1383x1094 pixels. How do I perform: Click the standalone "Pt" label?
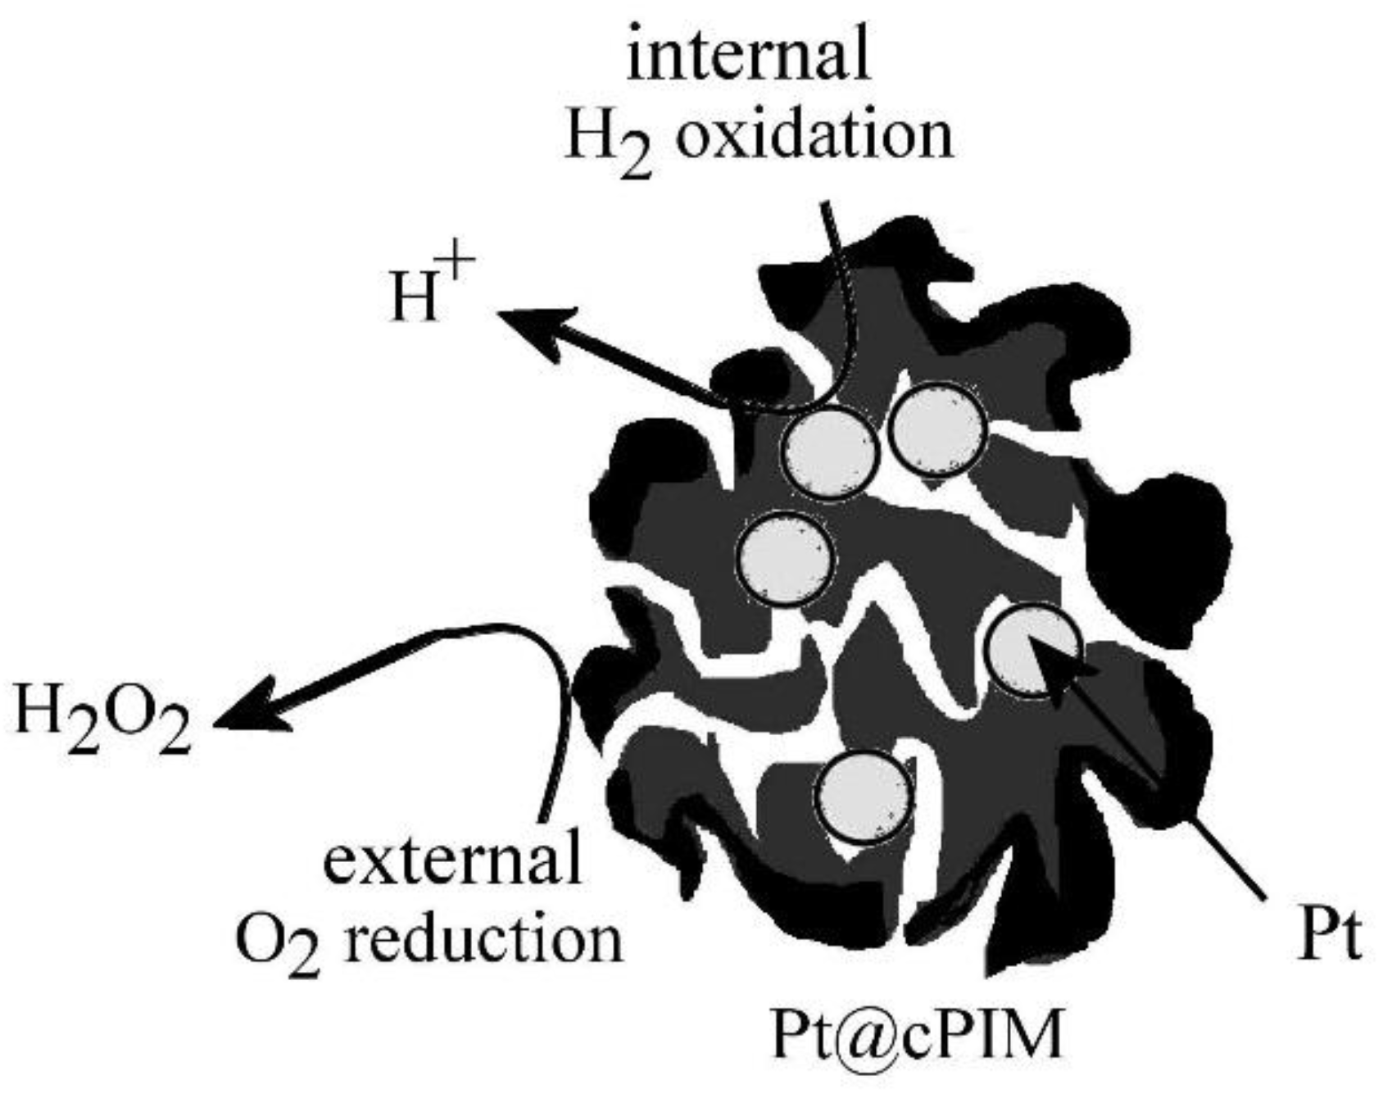tap(1329, 937)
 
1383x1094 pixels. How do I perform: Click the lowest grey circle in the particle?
tap(864, 797)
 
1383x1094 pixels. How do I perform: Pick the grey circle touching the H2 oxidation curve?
tap(829, 452)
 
